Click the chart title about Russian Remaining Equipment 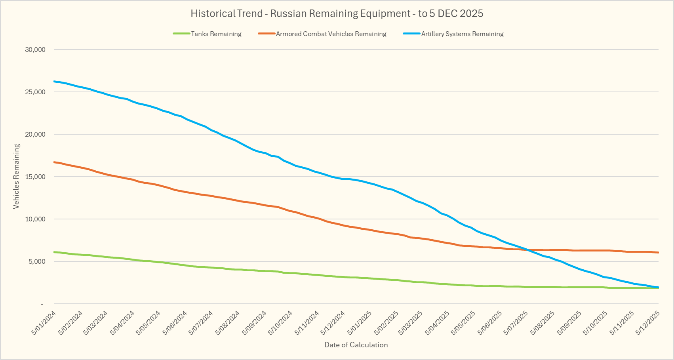tap(337, 13)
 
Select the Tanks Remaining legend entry tap(216, 34)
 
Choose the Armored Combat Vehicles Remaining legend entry tap(331, 34)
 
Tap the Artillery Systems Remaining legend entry tap(462, 34)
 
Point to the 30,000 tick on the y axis tap(36, 50)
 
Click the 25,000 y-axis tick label tap(36, 92)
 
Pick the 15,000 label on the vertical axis tap(36, 177)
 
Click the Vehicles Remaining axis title tap(16, 176)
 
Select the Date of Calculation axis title tap(356, 345)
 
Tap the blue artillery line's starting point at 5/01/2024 tap(54, 81)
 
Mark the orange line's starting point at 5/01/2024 tap(54, 162)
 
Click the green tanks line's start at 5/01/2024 tap(54, 252)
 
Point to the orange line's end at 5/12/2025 tap(658, 252)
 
